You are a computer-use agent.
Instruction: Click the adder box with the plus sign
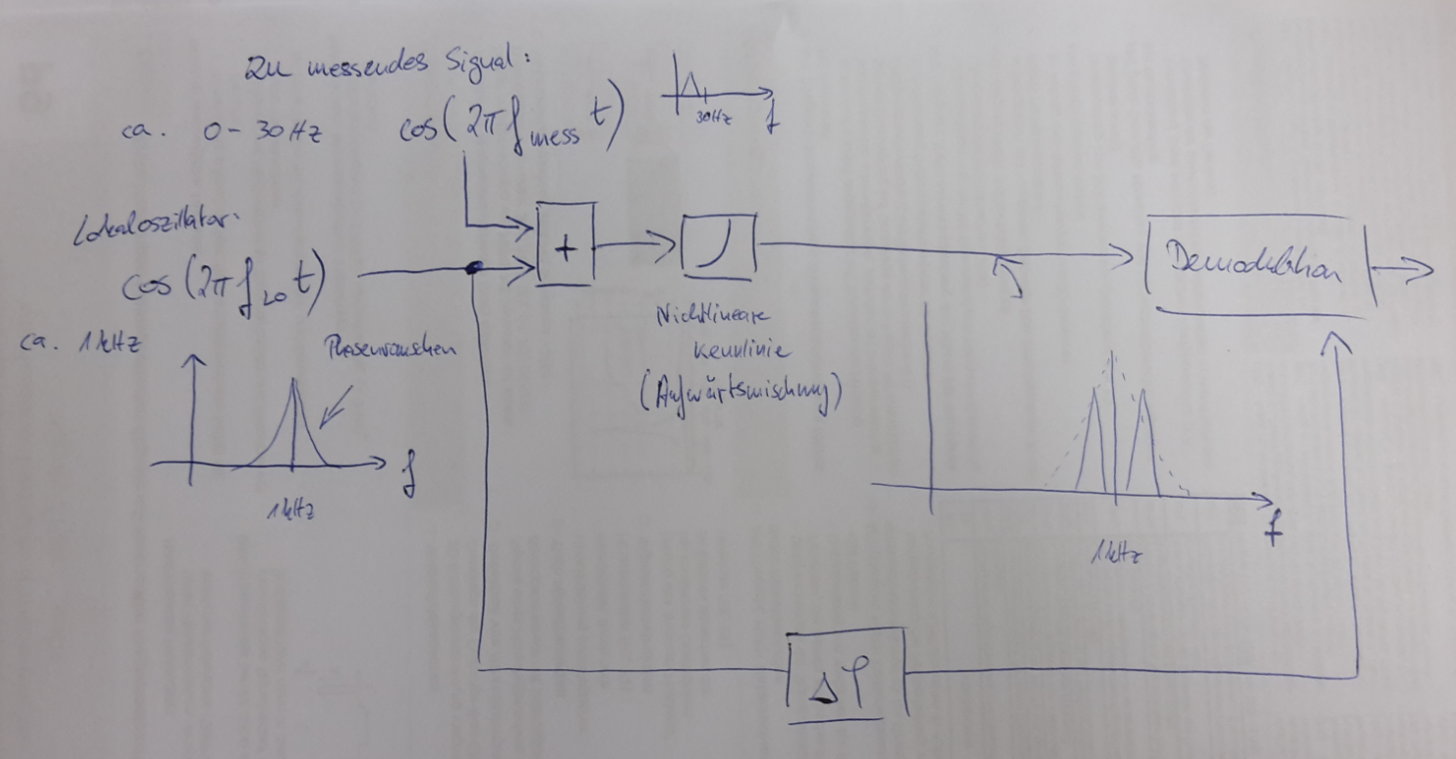tap(565, 244)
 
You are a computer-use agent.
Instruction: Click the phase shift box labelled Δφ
tap(847, 675)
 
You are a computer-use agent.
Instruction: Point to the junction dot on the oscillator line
tap(478, 267)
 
